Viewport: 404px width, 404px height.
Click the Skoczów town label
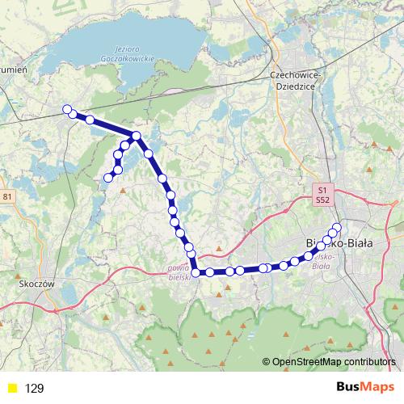(35, 284)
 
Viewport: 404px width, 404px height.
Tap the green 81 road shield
(8, 196)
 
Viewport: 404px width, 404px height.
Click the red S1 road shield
(322, 188)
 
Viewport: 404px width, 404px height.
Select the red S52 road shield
(322, 198)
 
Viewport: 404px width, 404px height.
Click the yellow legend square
(11, 388)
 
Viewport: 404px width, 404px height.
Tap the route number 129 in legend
(35, 388)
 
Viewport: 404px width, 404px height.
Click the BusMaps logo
(365, 387)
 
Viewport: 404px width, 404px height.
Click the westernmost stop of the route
(67, 109)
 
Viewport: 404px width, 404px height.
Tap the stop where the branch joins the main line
(137, 136)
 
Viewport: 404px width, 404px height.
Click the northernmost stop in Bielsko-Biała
(338, 225)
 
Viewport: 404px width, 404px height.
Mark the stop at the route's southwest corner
(196, 272)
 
